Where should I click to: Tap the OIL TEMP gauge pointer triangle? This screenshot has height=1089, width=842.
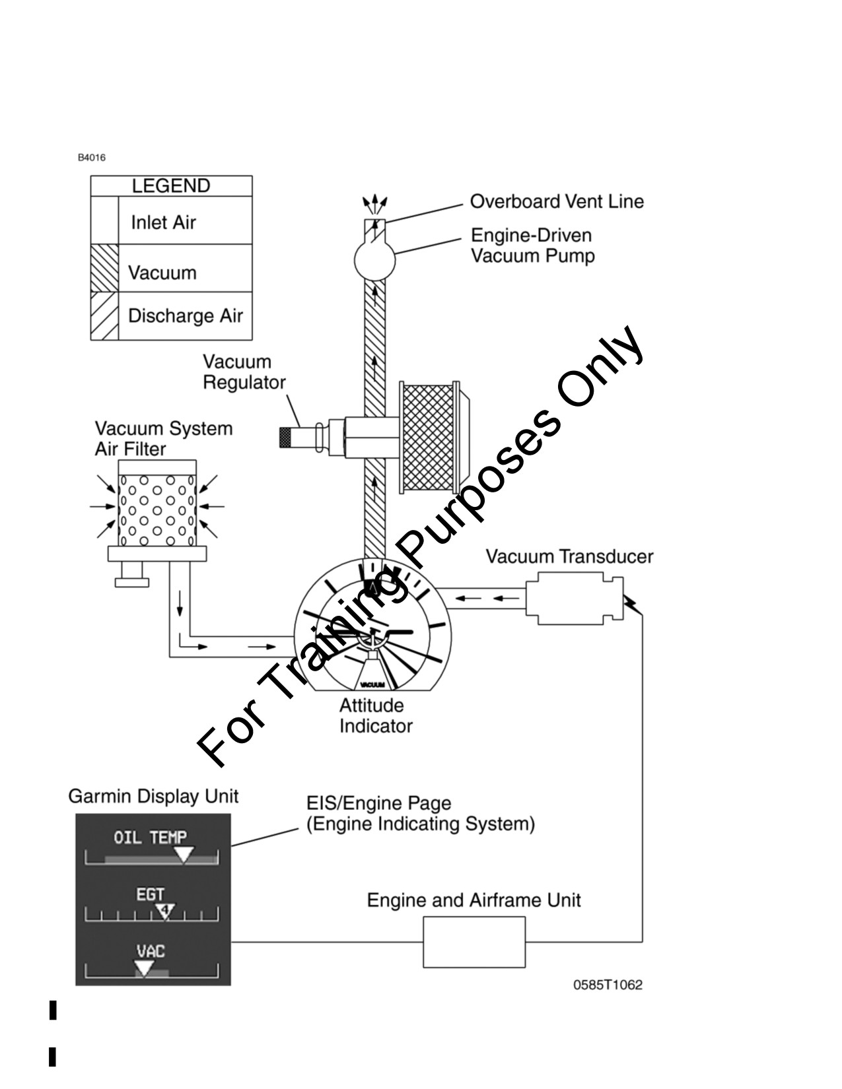click(184, 855)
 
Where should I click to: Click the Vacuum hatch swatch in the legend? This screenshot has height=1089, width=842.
click(104, 268)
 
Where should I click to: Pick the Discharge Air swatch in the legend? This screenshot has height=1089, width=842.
click(104, 315)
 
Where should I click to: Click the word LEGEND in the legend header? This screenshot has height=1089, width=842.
click(171, 186)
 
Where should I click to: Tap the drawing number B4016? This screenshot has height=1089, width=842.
click(92, 158)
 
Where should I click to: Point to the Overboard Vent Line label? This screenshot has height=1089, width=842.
click(557, 201)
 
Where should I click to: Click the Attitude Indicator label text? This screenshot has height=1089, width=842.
click(376, 715)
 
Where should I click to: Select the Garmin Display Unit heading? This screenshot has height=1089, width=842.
click(153, 797)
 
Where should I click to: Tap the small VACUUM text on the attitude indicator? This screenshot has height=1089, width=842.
click(372, 684)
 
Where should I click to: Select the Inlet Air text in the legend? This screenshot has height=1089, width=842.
click(164, 222)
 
